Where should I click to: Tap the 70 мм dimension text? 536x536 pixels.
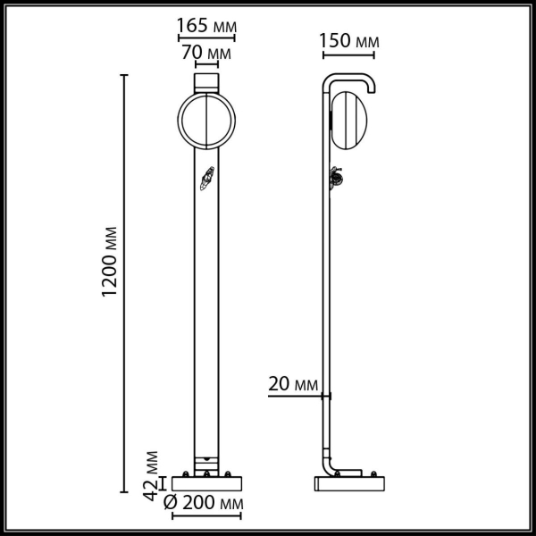point(205,53)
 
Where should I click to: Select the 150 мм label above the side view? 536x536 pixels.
point(348,42)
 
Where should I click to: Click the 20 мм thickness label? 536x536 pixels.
point(293,385)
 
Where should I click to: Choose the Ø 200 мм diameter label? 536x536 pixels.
point(205,505)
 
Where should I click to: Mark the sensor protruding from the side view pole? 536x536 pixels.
point(337,179)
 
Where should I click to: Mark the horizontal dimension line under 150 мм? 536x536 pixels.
point(348,54)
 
